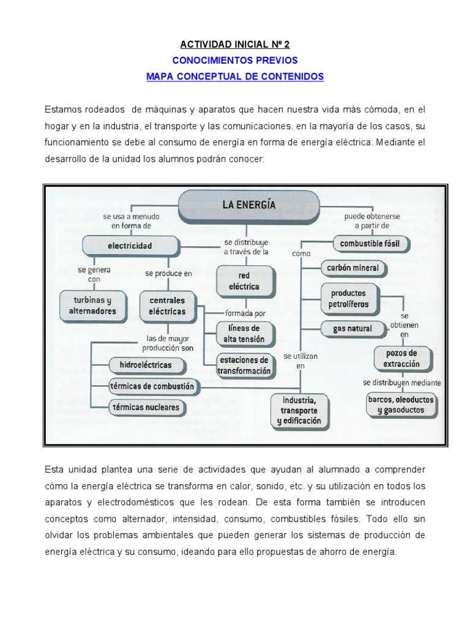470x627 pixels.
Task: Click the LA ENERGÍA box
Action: tap(248, 206)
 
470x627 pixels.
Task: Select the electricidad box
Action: tap(130, 246)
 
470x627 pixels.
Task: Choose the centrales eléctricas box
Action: tap(167, 306)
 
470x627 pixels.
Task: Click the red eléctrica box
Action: tap(245, 281)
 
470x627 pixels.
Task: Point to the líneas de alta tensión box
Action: tap(244, 334)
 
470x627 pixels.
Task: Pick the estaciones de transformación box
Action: tap(244, 366)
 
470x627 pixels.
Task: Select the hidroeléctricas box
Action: tap(141, 366)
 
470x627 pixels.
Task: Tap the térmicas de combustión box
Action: tap(152, 386)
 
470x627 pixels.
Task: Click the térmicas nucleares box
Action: tap(145, 407)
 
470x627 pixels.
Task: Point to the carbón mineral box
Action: tap(353, 268)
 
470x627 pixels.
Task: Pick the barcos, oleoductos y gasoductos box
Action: tap(401, 405)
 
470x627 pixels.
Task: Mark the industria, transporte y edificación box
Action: tap(299, 411)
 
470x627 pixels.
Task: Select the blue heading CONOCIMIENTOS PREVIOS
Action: tap(236, 61)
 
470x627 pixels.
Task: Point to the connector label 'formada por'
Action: tap(245, 313)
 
